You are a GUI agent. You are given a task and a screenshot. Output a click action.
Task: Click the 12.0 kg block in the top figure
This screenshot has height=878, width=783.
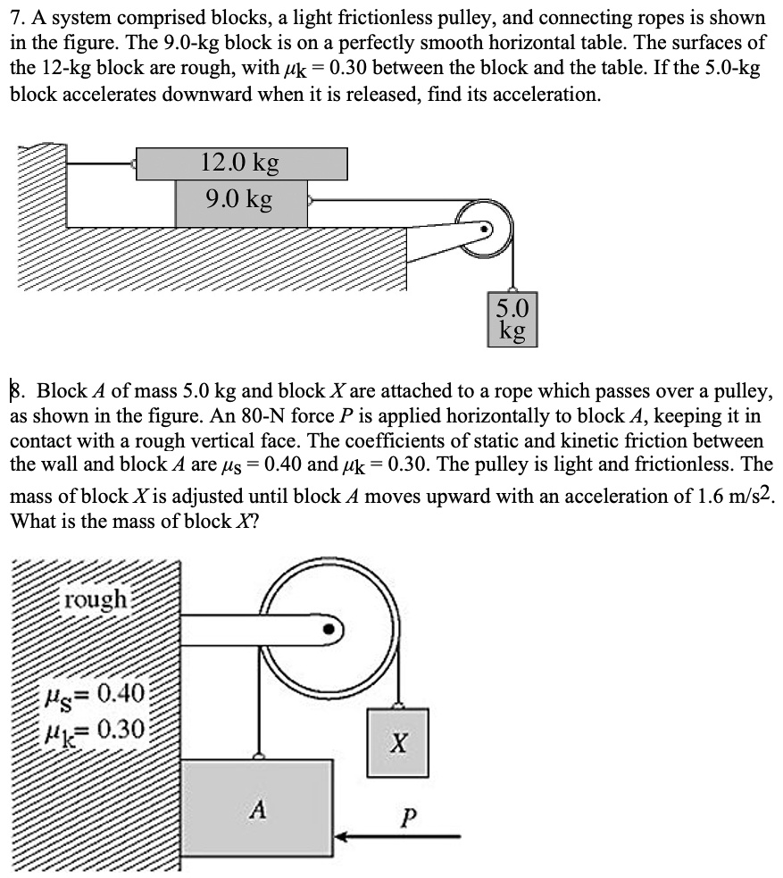coord(241,163)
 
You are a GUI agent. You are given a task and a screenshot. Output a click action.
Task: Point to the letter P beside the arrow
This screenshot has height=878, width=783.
coord(408,814)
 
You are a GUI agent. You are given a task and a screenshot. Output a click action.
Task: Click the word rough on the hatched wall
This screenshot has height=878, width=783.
coord(96,598)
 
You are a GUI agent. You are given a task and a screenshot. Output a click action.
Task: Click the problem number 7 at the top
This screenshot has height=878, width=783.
coord(15,18)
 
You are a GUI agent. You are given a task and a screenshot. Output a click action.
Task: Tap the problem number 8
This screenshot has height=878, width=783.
coord(17,390)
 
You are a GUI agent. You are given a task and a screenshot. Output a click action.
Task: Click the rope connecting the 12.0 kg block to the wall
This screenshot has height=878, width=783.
coord(100,163)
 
